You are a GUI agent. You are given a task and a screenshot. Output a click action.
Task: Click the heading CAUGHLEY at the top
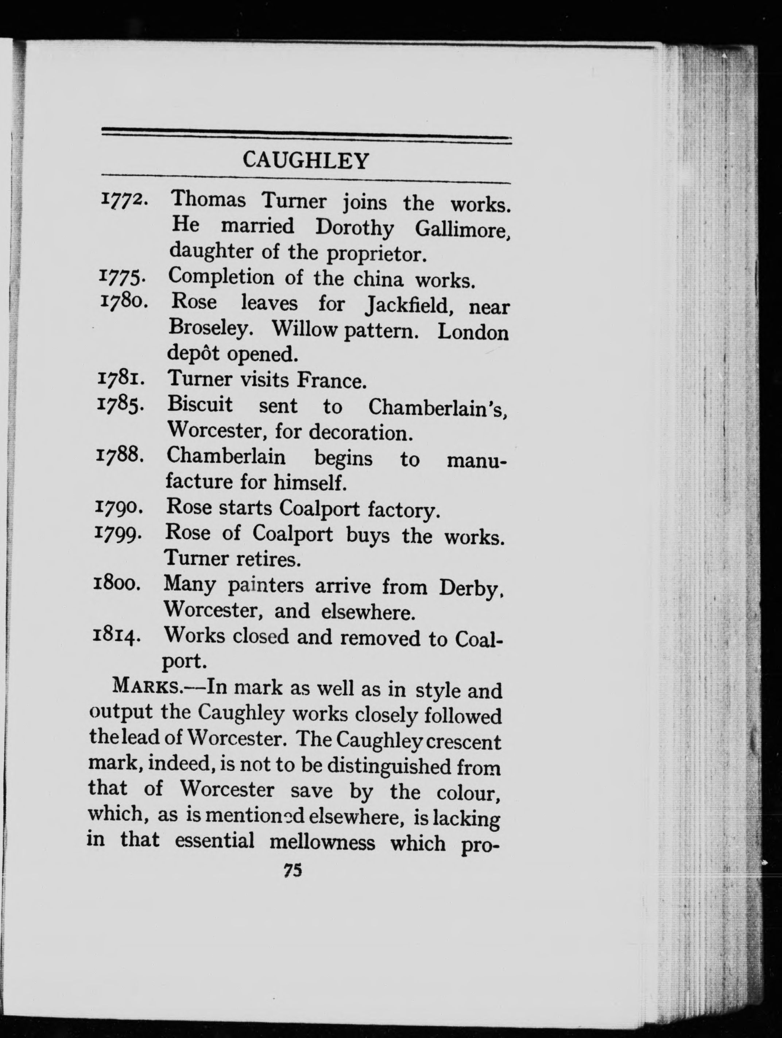(x=306, y=160)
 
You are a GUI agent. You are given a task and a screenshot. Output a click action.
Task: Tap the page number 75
(x=293, y=871)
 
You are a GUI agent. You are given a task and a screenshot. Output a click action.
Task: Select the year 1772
(x=124, y=201)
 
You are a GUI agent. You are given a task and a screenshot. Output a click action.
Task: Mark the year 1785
(x=120, y=404)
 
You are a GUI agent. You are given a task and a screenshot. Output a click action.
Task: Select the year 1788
(x=119, y=455)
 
